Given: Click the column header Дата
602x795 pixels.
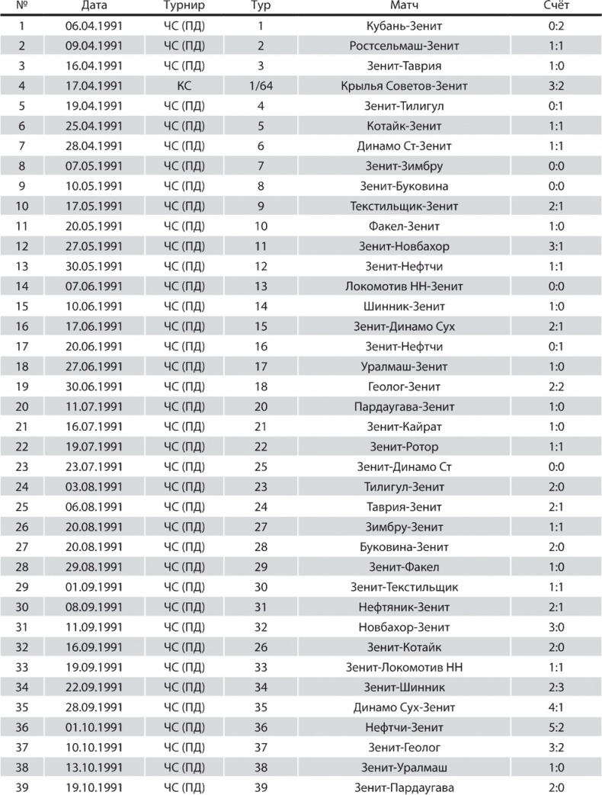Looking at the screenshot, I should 94,7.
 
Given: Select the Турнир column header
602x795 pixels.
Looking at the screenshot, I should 183,7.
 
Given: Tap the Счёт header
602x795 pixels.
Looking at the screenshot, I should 556,7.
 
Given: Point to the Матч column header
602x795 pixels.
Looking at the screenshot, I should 404,7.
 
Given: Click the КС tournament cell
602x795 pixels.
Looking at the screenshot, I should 183,86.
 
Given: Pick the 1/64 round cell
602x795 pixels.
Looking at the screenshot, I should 261,86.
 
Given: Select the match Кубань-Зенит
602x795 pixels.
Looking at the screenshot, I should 404,26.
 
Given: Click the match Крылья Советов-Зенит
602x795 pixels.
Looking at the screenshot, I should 404,86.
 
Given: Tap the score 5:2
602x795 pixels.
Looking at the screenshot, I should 556,727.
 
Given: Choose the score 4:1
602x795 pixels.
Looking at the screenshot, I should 556,707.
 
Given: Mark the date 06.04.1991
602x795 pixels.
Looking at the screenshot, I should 94,26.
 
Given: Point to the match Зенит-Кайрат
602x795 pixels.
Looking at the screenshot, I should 404,427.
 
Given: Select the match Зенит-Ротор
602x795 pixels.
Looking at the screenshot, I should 404,447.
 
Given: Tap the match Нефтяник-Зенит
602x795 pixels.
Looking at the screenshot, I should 404,607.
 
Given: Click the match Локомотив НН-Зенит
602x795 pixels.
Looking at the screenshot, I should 404,287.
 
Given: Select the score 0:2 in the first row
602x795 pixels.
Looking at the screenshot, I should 556,26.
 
